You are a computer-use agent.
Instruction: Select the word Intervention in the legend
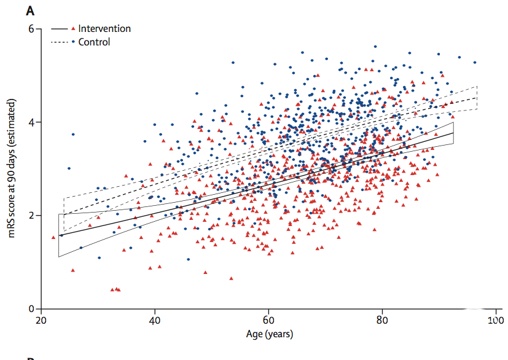(x=104, y=28)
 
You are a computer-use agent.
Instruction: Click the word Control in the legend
(x=94, y=42)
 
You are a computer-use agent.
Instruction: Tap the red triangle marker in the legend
(x=74, y=28)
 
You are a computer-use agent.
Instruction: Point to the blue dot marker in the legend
(x=74, y=42)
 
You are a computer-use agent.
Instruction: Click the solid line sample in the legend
(x=59, y=28)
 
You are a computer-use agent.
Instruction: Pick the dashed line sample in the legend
(x=59, y=42)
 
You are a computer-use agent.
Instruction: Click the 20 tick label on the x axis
(x=41, y=320)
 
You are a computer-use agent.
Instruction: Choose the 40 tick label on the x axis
(x=155, y=320)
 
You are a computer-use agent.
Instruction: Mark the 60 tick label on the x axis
(x=268, y=320)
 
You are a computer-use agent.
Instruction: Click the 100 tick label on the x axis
(x=496, y=320)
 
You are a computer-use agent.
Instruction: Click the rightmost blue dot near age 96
(x=474, y=63)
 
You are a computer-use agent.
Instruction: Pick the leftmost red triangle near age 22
(x=53, y=237)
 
